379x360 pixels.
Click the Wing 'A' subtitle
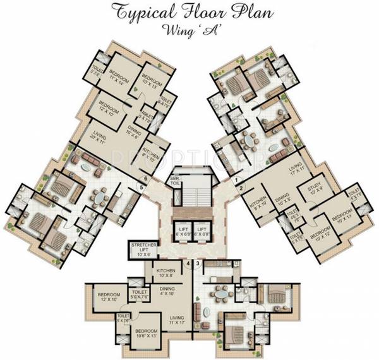(x=189, y=29)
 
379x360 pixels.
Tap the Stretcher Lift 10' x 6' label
(x=143, y=249)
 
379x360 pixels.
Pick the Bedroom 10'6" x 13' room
(x=147, y=333)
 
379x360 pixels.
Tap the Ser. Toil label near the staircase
(x=174, y=183)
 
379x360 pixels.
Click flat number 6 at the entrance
(x=145, y=179)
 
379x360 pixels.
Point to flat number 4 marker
(x=188, y=262)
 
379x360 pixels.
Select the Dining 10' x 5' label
(x=281, y=201)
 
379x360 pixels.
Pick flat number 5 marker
(x=140, y=186)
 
